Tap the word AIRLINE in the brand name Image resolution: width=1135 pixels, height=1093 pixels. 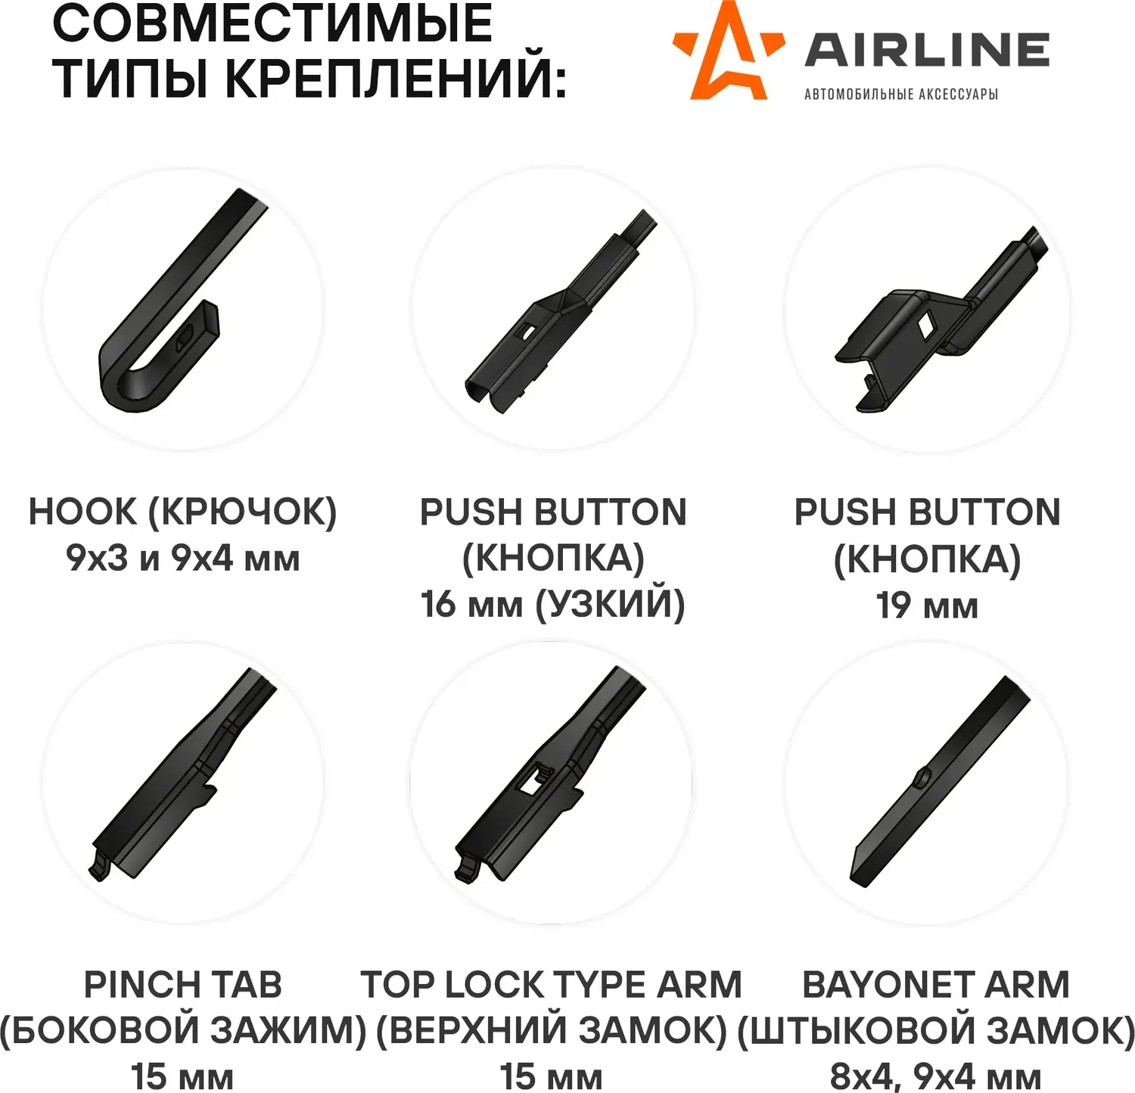click(927, 50)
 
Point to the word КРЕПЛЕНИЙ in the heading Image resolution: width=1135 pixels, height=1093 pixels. click(396, 76)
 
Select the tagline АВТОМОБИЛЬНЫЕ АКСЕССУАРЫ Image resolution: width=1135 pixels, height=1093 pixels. click(900, 94)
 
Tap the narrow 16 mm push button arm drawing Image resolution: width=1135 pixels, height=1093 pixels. click(561, 311)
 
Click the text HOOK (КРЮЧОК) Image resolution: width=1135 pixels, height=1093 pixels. click(182, 512)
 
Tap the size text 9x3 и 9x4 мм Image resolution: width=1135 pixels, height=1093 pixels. click(183, 559)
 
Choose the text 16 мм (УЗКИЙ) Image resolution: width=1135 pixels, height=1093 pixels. click(553, 605)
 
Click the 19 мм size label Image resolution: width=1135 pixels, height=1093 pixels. click(927, 606)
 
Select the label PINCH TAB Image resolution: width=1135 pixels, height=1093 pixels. click(183, 985)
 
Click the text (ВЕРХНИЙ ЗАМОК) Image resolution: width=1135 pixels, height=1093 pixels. click(552, 1030)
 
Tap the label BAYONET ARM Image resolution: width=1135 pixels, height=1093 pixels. click(936, 985)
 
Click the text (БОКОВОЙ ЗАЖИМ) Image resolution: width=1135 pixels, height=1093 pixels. click(183, 1030)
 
